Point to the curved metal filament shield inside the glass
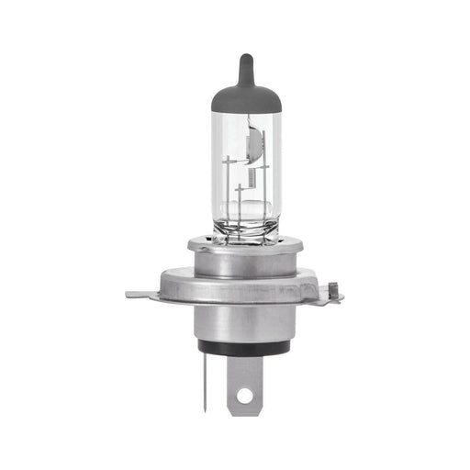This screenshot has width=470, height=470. pyautogui.click(x=257, y=147)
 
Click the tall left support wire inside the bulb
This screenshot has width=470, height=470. pyautogui.click(x=228, y=193)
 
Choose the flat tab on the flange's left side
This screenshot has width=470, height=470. pyautogui.click(x=140, y=295)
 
